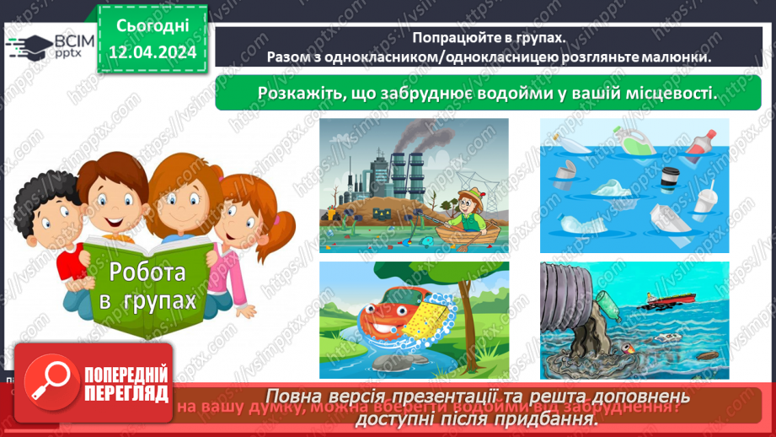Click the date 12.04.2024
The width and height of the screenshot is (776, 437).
pyautogui.click(x=152, y=51)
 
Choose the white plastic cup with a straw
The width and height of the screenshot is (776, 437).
pyautogui.click(x=705, y=199)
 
